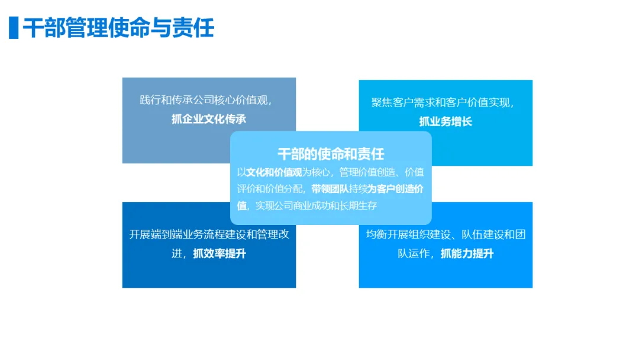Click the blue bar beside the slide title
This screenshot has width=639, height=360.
click(x=14, y=28)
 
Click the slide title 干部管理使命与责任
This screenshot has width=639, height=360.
click(x=118, y=28)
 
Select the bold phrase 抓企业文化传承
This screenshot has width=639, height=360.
click(x=209, y=119)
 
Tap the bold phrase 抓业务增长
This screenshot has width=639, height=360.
click(x=446, y=122)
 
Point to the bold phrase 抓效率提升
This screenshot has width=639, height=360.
click(x=220, y=254)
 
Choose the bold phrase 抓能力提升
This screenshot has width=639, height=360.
click(x=467, y=254)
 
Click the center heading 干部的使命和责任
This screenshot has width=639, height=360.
click(x=331, y=154)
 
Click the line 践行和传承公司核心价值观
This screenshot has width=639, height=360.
click(x=205, y=99)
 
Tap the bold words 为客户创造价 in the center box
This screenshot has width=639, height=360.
click(x=396, y=189)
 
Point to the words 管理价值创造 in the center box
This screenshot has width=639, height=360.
click(x=367, y=173)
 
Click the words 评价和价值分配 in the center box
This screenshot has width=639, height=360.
click(x=270, y=189)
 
